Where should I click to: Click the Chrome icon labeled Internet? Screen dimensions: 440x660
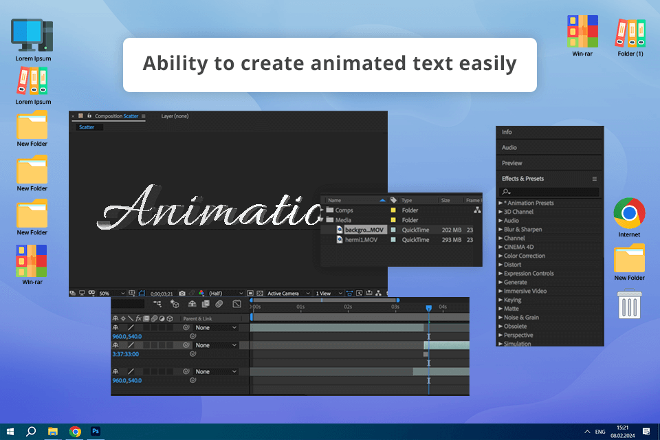click(629, 213)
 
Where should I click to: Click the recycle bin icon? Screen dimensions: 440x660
click(629, 305)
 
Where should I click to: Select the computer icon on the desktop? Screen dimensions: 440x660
click(32, 35)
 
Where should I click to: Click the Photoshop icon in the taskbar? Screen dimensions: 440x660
click(96, 431)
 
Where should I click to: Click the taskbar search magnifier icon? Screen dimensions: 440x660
click(31, 431)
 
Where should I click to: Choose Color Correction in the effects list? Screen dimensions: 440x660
click(524, 256)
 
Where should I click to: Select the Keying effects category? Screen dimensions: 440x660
click(512, 300)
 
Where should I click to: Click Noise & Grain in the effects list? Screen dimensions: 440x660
click(521, 318)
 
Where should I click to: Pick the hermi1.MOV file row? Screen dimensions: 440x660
click(361, 240)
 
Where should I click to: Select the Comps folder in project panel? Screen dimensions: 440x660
click(344, 210)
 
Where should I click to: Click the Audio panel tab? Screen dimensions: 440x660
click(509, 148)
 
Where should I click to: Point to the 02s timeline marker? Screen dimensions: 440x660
click(348, 307)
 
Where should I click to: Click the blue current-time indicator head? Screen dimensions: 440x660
click(428, 308)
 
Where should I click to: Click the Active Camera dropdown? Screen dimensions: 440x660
click(288, 294)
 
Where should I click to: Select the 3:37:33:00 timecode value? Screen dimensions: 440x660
click(125, 354)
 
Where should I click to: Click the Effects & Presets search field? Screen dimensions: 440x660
click(550, 192)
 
